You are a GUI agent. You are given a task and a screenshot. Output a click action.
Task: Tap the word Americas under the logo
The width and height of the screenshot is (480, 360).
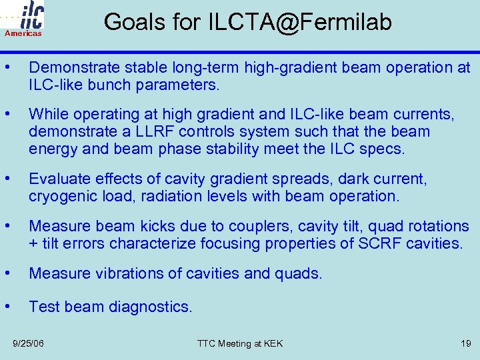click(23, 33)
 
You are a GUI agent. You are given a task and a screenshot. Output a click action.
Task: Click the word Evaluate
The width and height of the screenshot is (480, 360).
click(57, 179)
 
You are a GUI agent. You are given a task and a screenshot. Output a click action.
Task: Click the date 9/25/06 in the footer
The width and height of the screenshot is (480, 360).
click(29, 343)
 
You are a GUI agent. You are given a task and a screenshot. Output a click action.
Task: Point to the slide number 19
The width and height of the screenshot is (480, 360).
click(465, 343)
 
